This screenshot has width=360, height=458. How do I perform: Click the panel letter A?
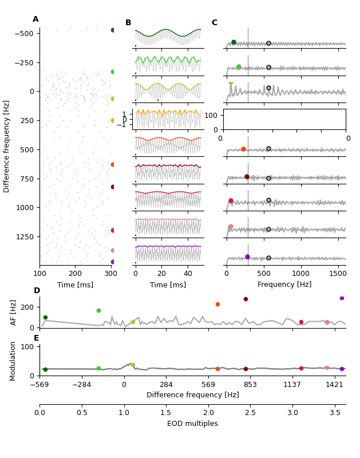[x=35, y=19]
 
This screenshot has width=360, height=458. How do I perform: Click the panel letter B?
[x=128, y=23]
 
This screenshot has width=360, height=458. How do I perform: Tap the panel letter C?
[x=215, y=23]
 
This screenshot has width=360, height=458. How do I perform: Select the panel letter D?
[x=37, y=291]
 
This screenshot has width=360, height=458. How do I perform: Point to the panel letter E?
[x=37, y=338]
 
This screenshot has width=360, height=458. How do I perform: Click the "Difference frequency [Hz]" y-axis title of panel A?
[x=7, y=146]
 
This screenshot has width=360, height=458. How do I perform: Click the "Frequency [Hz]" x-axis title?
[x=284, y=285]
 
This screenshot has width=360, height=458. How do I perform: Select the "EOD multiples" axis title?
[x=192, y=424]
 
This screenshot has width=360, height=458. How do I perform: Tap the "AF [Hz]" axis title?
[x=14, y=312]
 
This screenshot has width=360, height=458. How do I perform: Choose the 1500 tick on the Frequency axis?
[x=338, y=273]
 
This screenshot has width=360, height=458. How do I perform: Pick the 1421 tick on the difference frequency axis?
[x=334, y=385]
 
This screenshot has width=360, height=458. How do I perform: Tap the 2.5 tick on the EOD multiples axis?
[x=250, y=412]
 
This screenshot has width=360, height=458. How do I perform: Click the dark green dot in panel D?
[x=45, y=317]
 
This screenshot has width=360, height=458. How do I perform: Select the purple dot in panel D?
[x=342, y=298]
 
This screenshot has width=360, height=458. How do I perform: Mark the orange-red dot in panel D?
[x=217, y=304]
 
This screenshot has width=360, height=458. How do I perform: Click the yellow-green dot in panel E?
[x=133, y=365]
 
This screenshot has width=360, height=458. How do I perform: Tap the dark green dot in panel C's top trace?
[x=234, y=42]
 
